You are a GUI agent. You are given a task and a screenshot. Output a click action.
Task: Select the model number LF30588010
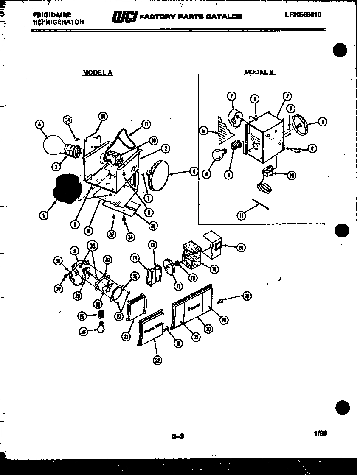point(303,14)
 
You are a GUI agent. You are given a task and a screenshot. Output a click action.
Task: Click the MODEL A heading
point(97,73)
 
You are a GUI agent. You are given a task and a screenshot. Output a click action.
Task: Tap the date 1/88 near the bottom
point(321,433)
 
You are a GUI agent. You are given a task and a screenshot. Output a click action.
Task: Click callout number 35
point(102,117)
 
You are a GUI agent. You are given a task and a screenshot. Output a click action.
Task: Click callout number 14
point(241,248)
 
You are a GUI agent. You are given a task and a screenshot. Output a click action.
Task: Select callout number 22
point(157,361)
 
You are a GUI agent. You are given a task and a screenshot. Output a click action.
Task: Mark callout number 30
point(59,261)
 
